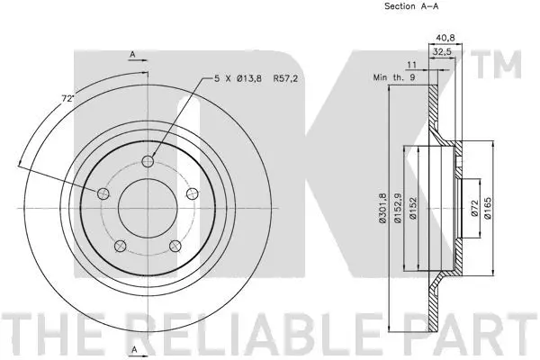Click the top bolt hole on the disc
(x=148, y=162)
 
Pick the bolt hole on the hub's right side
(x=190, y=193)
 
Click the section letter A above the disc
(x=133, y=55)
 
